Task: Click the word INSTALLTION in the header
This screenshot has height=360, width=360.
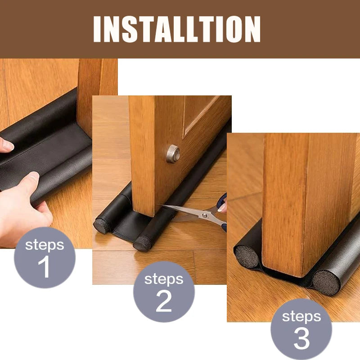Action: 176,29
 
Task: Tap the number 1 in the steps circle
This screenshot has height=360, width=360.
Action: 44,266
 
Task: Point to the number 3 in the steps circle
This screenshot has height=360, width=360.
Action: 301,338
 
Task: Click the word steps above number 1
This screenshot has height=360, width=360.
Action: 44,245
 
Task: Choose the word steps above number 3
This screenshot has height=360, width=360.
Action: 301,316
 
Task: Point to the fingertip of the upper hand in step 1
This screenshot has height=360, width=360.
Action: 6,145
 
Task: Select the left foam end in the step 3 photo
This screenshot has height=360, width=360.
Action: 246,257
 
